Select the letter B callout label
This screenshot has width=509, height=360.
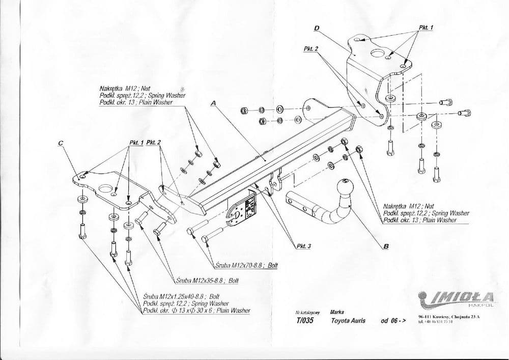pos(386,247)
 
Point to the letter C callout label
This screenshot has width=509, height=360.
pos(61,143)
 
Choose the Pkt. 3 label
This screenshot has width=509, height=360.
pos(303,246)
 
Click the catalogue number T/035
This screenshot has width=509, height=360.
pos(298,321)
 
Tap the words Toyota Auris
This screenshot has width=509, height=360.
pos(348,321)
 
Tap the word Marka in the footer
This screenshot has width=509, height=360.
pos(336,312)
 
